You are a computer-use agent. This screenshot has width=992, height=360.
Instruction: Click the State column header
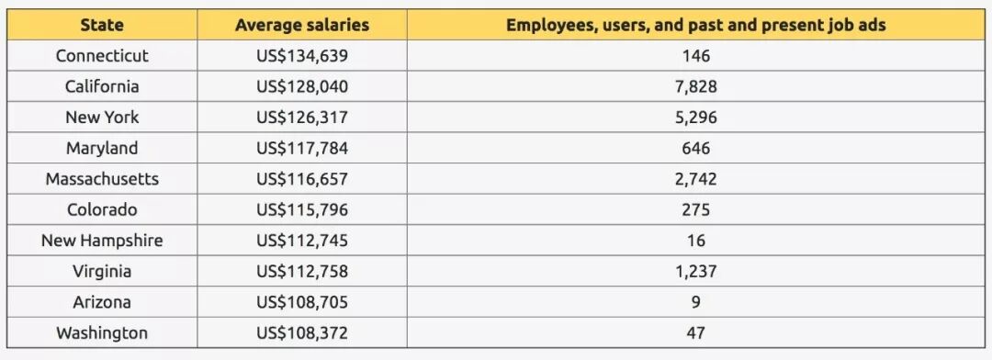(102, 26)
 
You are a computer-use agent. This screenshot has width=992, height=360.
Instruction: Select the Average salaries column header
(302, 26)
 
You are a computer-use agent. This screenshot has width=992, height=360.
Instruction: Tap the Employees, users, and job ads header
(696, 26)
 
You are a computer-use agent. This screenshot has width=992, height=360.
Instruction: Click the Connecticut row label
(102, 56)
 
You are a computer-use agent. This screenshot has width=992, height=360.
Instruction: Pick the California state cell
(102, 86)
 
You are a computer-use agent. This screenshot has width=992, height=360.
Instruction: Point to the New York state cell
(102, 117)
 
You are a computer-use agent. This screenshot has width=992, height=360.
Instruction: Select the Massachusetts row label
(102, 179)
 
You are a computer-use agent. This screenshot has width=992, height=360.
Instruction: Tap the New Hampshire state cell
(102, 241)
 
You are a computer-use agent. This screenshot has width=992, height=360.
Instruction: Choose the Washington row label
(102, 333)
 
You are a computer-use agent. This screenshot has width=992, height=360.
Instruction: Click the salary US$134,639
(302, 56)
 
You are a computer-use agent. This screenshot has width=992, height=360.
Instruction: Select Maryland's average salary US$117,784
(302, 149)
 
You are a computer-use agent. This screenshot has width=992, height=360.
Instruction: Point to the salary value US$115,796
(302, 210)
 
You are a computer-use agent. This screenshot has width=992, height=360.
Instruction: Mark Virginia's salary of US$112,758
(302, 272)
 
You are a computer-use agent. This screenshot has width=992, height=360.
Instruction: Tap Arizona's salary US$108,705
(302, 302)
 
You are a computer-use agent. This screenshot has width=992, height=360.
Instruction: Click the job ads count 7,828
(696, 86)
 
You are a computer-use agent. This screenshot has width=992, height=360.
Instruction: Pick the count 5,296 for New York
(696, 118)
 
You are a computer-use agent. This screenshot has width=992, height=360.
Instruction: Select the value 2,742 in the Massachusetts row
(696, 179)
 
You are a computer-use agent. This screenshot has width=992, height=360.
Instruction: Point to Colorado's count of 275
(696, 210)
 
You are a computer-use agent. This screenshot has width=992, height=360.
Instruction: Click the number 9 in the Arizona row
(696, 302)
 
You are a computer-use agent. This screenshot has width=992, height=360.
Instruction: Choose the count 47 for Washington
(696, 333)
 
